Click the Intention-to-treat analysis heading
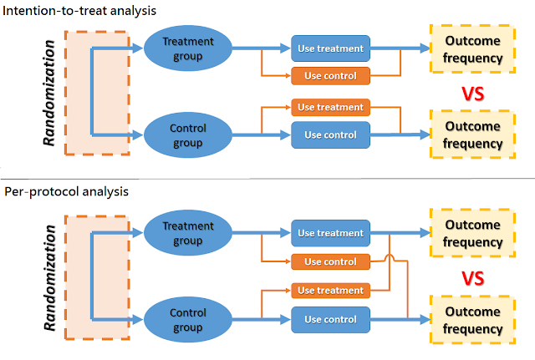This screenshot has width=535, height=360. [x=80, y=11]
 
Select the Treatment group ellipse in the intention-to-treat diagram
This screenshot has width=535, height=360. [x=188, y=48]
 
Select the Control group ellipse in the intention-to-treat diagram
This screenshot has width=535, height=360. [x=188, y=134]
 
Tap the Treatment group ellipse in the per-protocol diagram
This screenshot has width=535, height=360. [x=188, y=233]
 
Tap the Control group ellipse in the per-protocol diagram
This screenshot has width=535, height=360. [x=188, y=319]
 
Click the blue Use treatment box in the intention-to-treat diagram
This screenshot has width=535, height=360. [x=331, y=48]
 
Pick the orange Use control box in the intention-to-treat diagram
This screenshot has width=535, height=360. [x=331, y=76]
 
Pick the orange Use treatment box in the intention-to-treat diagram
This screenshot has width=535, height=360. [x=331, y=107]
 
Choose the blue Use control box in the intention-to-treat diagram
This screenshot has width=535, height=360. [x=331, y=134]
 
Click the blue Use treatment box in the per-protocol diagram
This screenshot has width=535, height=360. [x=331, y=233]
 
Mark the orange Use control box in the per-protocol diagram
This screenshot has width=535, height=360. [x=331, y=261]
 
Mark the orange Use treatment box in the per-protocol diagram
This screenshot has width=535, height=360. [x=331, y=291]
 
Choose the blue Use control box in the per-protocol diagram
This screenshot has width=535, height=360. [x=331, y=319]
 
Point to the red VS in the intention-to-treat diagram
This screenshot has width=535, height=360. [x=475, y=94]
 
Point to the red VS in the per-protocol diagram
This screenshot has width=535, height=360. [x=475, y=278]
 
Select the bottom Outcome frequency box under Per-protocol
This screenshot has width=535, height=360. [x=472, y=319]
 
